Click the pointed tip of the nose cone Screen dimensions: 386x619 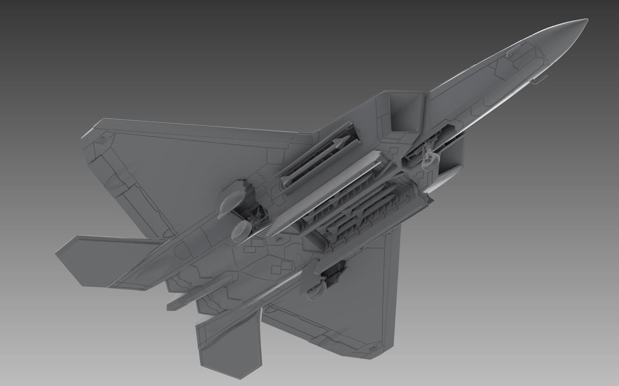tap(586, 20)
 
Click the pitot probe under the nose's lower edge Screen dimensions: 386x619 tap(537, 80)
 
